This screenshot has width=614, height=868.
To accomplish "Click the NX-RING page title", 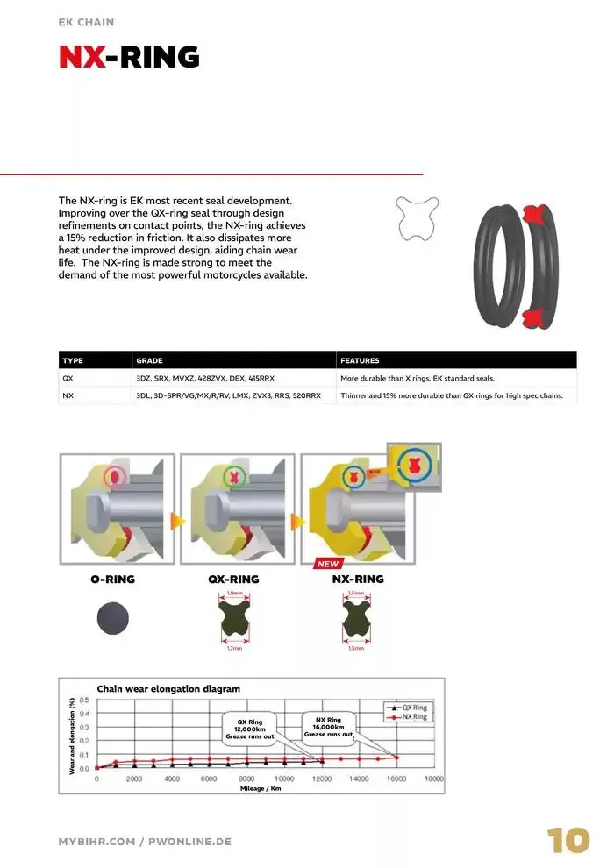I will point(129,57).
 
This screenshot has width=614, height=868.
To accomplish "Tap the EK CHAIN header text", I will point(86,21).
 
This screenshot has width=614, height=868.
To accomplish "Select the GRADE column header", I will point(150,360).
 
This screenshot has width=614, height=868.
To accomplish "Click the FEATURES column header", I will point(360,360).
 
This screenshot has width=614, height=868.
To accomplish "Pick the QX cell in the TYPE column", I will point(68,379).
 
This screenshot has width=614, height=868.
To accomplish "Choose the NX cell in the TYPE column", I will point(68,396).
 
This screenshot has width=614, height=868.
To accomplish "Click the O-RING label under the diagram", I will point(112,580).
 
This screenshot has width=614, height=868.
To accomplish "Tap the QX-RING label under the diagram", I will point(233,580).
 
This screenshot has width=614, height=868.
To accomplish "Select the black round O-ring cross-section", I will point(113,619).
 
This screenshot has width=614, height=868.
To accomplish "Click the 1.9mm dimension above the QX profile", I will point(234,594).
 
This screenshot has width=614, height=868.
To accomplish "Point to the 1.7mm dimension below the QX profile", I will point(234,649).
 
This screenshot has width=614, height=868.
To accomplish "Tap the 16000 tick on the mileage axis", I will point(396,779).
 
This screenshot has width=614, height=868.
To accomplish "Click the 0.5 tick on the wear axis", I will point(84,700).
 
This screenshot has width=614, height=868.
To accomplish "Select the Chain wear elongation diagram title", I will point(168,689).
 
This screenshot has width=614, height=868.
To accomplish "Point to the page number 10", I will point(568,840).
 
